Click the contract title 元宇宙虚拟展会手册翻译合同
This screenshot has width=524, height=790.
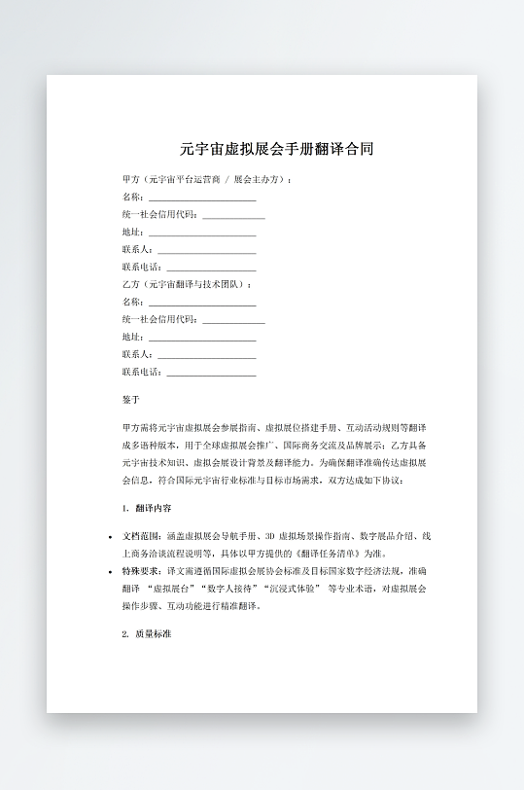[276, 149]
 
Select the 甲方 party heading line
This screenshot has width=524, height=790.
[207, 180]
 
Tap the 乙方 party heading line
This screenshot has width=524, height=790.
[187, 284]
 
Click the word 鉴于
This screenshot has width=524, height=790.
[131, 400]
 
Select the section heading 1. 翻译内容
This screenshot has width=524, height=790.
[148, 509]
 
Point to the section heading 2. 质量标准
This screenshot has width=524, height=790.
[148, 633]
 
